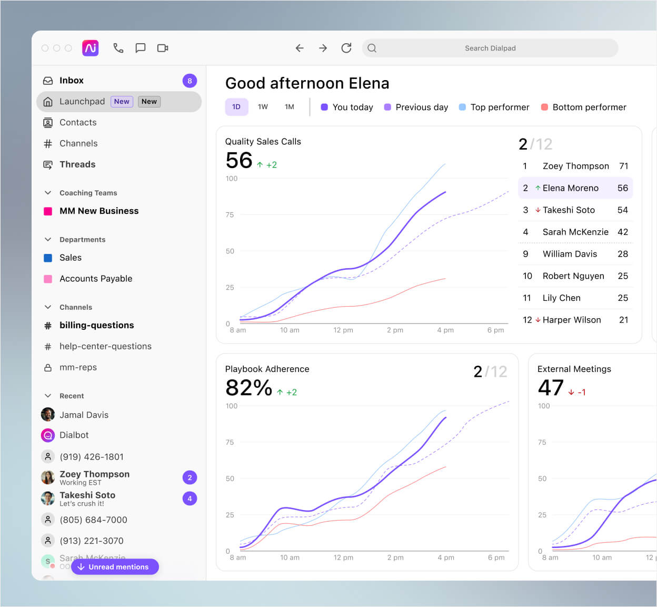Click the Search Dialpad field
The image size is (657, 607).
click(x=490, y=48)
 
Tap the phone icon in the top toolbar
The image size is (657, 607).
click(x=118, y=48)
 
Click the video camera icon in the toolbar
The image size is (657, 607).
click(x=163, y=48)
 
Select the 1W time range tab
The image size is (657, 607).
click(x=263, y=107)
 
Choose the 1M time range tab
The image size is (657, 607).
click(x=289, y=107)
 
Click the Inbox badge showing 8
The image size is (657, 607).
click(x=190, y=81)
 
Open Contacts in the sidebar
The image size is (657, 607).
click(x=78, y=122)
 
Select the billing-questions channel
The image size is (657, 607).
click(x=96, y=325)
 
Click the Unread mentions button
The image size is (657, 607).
click(x=115, y=567)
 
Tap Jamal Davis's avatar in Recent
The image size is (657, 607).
click(x=48, y=415)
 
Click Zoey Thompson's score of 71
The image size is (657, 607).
click(x=623, y=166)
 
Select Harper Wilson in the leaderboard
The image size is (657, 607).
click(x=571, y=320)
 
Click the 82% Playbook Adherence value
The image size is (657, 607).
click(x=248, y=388)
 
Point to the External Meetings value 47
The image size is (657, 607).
click(x=551, y=388)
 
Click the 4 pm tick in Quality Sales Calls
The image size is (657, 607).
click(x=445, y=330)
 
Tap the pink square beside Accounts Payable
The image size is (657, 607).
click(x=48, y=279)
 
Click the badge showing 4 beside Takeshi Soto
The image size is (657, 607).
click(x=190, y=498)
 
